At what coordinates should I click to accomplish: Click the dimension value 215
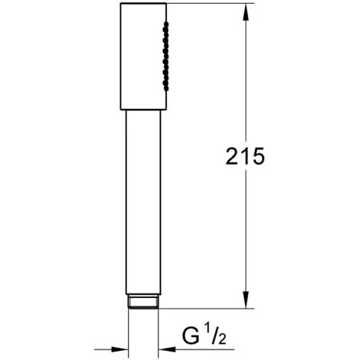[244, 157]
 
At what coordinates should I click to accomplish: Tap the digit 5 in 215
[257, 157]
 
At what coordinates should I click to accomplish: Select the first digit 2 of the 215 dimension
[232, 157]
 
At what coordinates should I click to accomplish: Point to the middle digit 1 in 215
[245, 157]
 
